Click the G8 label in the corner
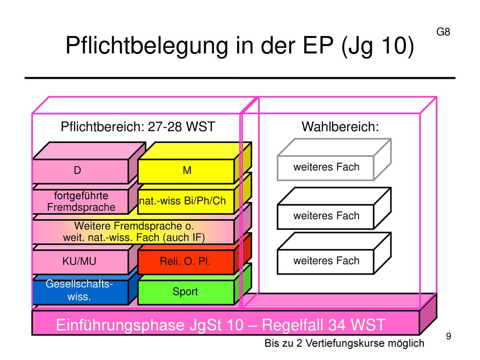point(443,32)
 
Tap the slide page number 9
point(449,336)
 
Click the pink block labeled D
point(81,171)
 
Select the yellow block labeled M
point(186,171)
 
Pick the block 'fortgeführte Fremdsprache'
point(81,202)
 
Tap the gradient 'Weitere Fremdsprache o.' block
point(134,232)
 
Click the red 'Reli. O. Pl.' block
point(186,262)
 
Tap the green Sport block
point(186,292)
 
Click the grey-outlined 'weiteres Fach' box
point(326,168)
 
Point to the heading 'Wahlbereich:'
point(340,127)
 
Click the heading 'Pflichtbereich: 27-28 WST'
point(138,127)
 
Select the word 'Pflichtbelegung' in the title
point(147,45)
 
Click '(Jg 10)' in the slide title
point(377,45)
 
